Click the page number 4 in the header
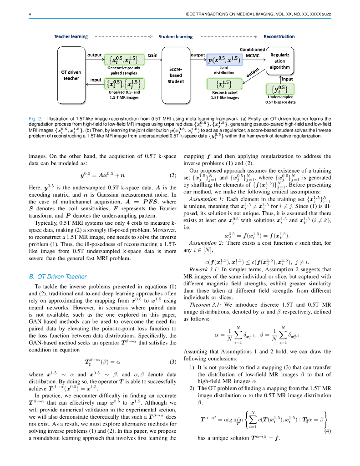click(30, 15)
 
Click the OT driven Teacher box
click(71, 75)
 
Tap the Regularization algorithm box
click(282, 61)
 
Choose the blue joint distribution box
click(224, 60)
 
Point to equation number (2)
click(172, 175)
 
